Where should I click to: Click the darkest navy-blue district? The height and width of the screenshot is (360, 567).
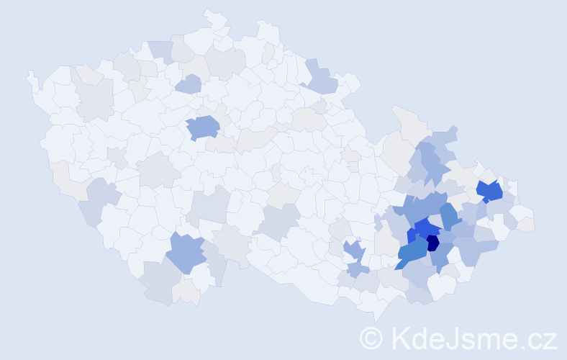[432, 243]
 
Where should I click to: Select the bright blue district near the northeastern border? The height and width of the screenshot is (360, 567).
[491, 192]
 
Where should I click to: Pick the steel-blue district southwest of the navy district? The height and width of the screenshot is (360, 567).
[411, 252]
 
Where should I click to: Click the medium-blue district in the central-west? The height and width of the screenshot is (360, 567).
[203, 127]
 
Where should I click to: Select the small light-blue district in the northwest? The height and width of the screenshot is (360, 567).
[188, 84]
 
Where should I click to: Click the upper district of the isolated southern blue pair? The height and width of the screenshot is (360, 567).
[352, 250]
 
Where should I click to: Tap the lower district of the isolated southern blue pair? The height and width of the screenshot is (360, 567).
[358, 269]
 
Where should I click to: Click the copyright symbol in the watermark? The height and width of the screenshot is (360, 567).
[372, 338]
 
